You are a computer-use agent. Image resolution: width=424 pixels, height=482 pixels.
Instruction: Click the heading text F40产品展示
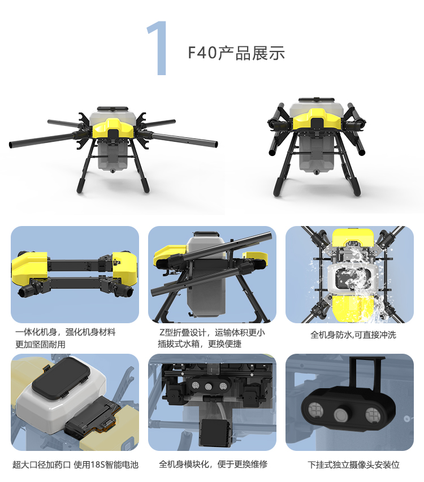[236, 53]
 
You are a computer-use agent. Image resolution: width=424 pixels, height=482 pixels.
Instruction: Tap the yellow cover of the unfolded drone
[113, 127]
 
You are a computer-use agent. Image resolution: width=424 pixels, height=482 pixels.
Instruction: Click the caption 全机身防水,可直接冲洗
[353, 335]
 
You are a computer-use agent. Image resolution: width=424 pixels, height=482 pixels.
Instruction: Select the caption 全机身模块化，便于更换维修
[213, 464]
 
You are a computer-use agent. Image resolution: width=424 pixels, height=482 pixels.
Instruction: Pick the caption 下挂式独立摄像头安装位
[353, 464]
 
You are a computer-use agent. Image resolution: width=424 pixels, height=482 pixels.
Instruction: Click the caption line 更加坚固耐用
[40, 344]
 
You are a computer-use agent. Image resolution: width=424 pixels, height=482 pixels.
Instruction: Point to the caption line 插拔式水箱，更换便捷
[200, 344]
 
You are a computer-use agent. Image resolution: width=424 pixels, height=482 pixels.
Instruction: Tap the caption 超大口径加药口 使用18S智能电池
[76, 464]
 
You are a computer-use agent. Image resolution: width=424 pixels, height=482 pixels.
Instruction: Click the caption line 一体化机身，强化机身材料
[65, 332]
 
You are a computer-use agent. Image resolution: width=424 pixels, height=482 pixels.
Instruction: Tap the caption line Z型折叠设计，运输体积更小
[212, 332]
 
